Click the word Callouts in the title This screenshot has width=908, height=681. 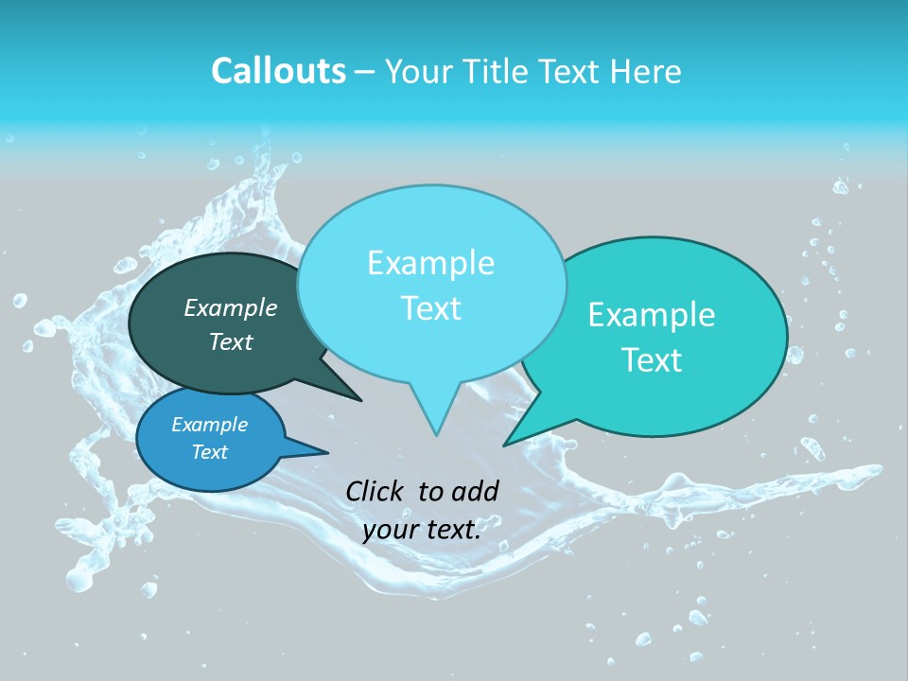tap(278, 71)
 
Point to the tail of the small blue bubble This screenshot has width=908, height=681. tap(307, 448)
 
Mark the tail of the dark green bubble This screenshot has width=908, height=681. tap(336, 388)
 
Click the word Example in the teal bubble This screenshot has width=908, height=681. tap(652, 315)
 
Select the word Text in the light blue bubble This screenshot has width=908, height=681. tap(431, 308)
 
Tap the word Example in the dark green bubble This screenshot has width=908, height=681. tap(231, 307)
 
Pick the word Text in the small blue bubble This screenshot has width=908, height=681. tap(210, 452)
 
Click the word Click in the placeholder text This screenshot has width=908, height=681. tap(375, 491)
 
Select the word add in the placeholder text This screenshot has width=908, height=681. tap(475, 491)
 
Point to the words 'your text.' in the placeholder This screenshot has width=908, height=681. tap(422, 530)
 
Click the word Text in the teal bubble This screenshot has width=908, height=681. tap(653, 360)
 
